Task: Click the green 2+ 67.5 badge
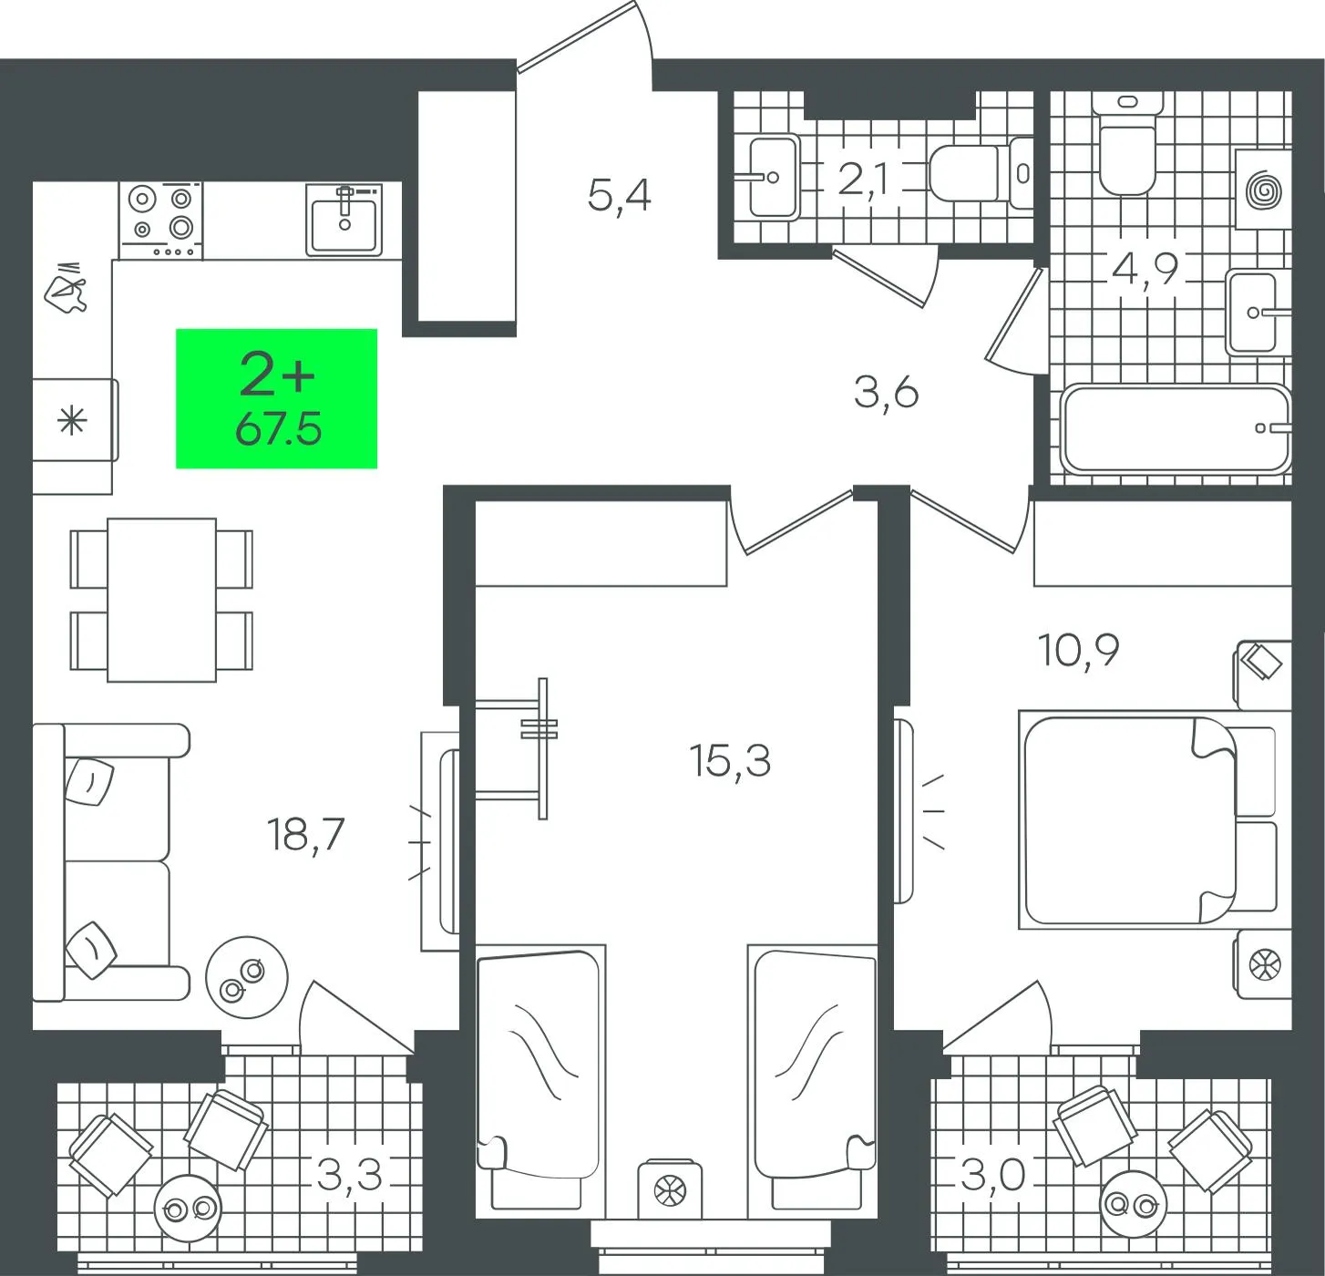click(276, 399)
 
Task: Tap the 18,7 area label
click(306, 836)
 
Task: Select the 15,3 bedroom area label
click(730, 760)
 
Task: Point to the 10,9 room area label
click(1079, 650)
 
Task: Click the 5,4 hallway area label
click(619, 196)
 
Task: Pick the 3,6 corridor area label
click(886, 393)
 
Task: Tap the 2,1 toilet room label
click(863, 180)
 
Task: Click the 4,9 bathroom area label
click(1145, 269)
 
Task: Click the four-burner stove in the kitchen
click(161, 221)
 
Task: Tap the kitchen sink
click(344, 220)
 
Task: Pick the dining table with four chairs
click(161, 600)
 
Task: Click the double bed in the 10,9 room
click(1147, 820)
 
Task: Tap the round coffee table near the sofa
click(247, 977)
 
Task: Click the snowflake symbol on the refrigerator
click(72, 420)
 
